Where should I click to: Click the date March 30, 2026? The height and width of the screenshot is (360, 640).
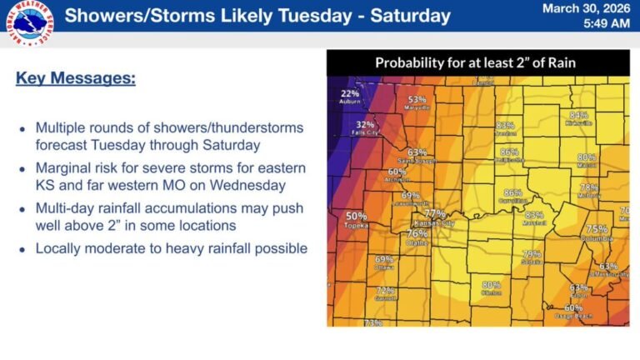585,8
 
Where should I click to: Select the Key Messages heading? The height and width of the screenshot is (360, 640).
75,78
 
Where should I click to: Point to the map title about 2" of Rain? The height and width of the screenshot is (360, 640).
475,62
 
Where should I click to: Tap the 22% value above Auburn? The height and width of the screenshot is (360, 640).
350,93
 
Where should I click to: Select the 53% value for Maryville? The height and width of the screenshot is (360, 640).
417,100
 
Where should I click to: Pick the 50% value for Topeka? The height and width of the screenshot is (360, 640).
356,217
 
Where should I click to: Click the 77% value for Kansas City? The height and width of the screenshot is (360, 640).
435,213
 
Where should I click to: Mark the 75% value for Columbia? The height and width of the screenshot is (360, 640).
597,228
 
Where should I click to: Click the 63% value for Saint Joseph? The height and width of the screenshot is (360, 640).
417,152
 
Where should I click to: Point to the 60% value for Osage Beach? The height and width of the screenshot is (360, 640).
574,308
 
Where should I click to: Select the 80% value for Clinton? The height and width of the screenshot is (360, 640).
491,284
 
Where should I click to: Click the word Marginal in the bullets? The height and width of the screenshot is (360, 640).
61,168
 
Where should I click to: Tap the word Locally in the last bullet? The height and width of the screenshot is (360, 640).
58,248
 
